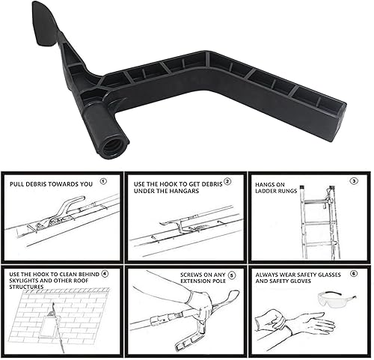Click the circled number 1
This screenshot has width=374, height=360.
click(103, 181)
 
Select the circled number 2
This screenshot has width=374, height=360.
click(227, 181)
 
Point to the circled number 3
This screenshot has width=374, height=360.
click(354, 181)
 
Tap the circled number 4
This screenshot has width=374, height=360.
click(105, 274)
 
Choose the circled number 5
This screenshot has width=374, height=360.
click(232, 275)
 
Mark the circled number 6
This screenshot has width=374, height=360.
click(354, 274)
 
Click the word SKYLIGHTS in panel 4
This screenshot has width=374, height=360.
click(24, 281)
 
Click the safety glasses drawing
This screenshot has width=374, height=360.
click(337, 299)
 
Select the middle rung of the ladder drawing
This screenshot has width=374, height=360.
click(316, 222)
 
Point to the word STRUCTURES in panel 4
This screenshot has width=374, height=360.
click(26, 287)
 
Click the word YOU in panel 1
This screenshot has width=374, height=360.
click(86, 184)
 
